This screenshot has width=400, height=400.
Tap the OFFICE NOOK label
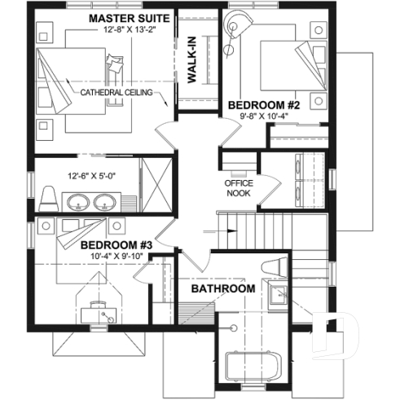pyautogui.click(x=240, y=188)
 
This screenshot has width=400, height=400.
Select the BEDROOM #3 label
pyautogui.click(x=117, y=244)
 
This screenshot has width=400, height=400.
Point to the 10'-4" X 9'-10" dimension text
pyautogui.click(x=117, y=257)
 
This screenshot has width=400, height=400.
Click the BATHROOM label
pyautogui.click(x=222, y=289)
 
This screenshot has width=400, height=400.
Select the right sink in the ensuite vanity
pyautogui.click(x=104, y=202)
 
